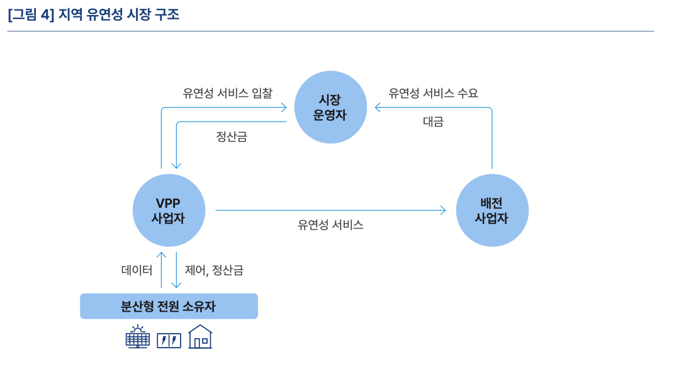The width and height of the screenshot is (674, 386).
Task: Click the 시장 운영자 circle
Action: tap(330, 107)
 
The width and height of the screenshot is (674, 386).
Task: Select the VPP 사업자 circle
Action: tap(169, 210)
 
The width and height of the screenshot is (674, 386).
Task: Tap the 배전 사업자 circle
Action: tap(491, 210)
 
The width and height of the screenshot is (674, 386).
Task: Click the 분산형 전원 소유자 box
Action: tap(169, 306)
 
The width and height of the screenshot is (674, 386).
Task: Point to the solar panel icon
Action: tap(138, 338)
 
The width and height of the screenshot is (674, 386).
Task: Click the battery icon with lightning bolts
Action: tap(169, 341)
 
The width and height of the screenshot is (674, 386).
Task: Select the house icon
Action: tap(200, 337)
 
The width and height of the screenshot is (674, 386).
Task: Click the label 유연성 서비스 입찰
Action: tap(227, 93)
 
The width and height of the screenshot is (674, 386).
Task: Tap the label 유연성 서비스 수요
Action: tap(433, 93)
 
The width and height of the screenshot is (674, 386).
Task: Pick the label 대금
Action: tap(433, 122)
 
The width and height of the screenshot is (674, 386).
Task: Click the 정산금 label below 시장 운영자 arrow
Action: tap(232, 137)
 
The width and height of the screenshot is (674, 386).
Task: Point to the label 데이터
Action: tap(137, 270)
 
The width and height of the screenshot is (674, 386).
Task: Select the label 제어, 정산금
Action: tap(214, 270)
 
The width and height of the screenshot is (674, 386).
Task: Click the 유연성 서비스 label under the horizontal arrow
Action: tap(330, 225)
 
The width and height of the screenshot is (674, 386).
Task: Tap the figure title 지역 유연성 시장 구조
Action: tap(119, 14)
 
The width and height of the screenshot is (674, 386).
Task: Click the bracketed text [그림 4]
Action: tap(31, 14)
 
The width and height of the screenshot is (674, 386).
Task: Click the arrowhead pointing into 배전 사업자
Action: tap(443, 210)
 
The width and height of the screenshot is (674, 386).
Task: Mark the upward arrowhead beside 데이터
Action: tap(161, 255)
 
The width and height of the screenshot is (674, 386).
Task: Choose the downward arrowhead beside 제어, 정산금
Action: tap(177, 285)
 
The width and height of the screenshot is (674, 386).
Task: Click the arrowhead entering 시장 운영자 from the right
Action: tap(378, 108)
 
